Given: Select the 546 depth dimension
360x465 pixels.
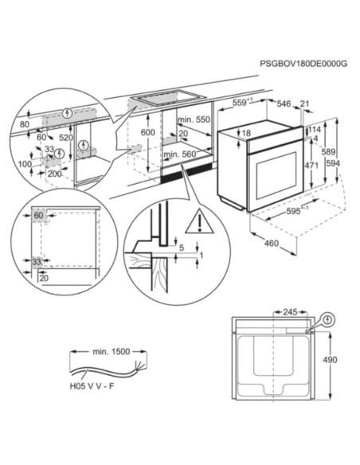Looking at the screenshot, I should (x=283, y=104).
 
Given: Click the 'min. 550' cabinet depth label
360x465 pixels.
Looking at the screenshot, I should (x=192, y=119).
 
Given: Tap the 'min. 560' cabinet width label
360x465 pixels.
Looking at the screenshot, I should (x=180, y=154).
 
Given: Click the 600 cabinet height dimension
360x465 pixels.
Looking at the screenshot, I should (x=147, y=133).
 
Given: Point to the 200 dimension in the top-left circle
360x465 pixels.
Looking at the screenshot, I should (x=54, y=172).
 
